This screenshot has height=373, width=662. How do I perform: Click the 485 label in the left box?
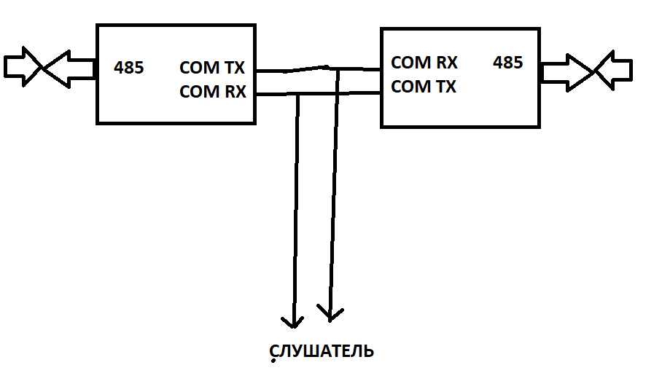pyautogui.click(x=129, y=68)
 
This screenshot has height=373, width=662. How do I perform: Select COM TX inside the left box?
pyautogui.click(x=212, y=68)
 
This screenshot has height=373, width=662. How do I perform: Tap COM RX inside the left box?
pyautogui.click(x=212, y=92)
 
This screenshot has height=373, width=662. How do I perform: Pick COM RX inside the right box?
pyautogui.click(x=424, y=63)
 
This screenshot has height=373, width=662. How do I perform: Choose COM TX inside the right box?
pyautogui.click(x=424, y=87)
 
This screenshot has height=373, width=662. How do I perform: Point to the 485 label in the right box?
pyautogui.click(x=508, y=63)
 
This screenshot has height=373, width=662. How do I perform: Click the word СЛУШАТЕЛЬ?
pyautogui.click(x=322, y=351)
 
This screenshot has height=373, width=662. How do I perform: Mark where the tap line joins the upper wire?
pyautogui.click(x=338, y=69)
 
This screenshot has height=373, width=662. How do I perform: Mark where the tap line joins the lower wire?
pyautogui.click(x=297, y=94)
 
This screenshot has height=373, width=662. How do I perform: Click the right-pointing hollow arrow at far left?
pyautogui.click(x=23, y=67)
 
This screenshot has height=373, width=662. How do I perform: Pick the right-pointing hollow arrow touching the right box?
pyautogui.click(x=568, y=72)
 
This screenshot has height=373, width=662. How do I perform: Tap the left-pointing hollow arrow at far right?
pyautogui.click(x=614, y=71)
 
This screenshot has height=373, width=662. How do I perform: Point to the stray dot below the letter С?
pyautogui.click(x=273, y=361)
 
